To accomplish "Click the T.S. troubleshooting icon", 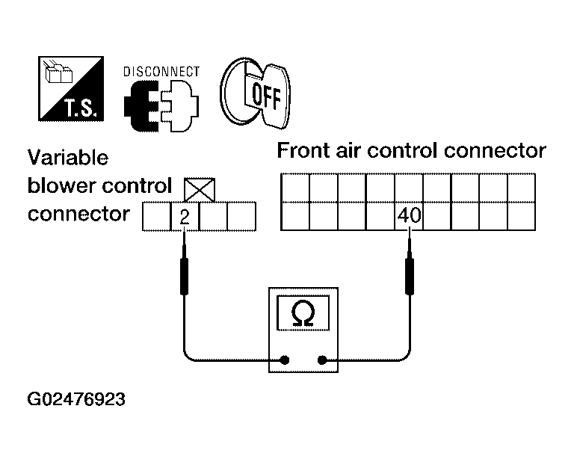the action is [71, 89].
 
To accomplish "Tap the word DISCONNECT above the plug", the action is [161, 72].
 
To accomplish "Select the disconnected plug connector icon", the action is [161, 106].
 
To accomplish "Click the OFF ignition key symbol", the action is [256, 93].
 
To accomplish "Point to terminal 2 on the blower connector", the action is [185, 216].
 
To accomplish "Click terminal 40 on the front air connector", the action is [410, 216].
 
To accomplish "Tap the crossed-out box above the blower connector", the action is [200, 190].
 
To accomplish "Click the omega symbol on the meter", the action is [303, 313].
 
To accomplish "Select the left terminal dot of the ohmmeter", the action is [285, 360].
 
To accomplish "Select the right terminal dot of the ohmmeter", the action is [322, 360].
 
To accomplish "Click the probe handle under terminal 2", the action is [184, 276].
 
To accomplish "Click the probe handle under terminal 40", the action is [410, 276].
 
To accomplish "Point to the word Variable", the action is [68, 158].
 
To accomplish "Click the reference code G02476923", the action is [76, 399].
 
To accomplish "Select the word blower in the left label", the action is [61, 185].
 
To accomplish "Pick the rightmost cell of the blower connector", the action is [241, 216].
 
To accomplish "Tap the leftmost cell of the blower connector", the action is [157, 216].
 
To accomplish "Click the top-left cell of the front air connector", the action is [295, 188].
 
